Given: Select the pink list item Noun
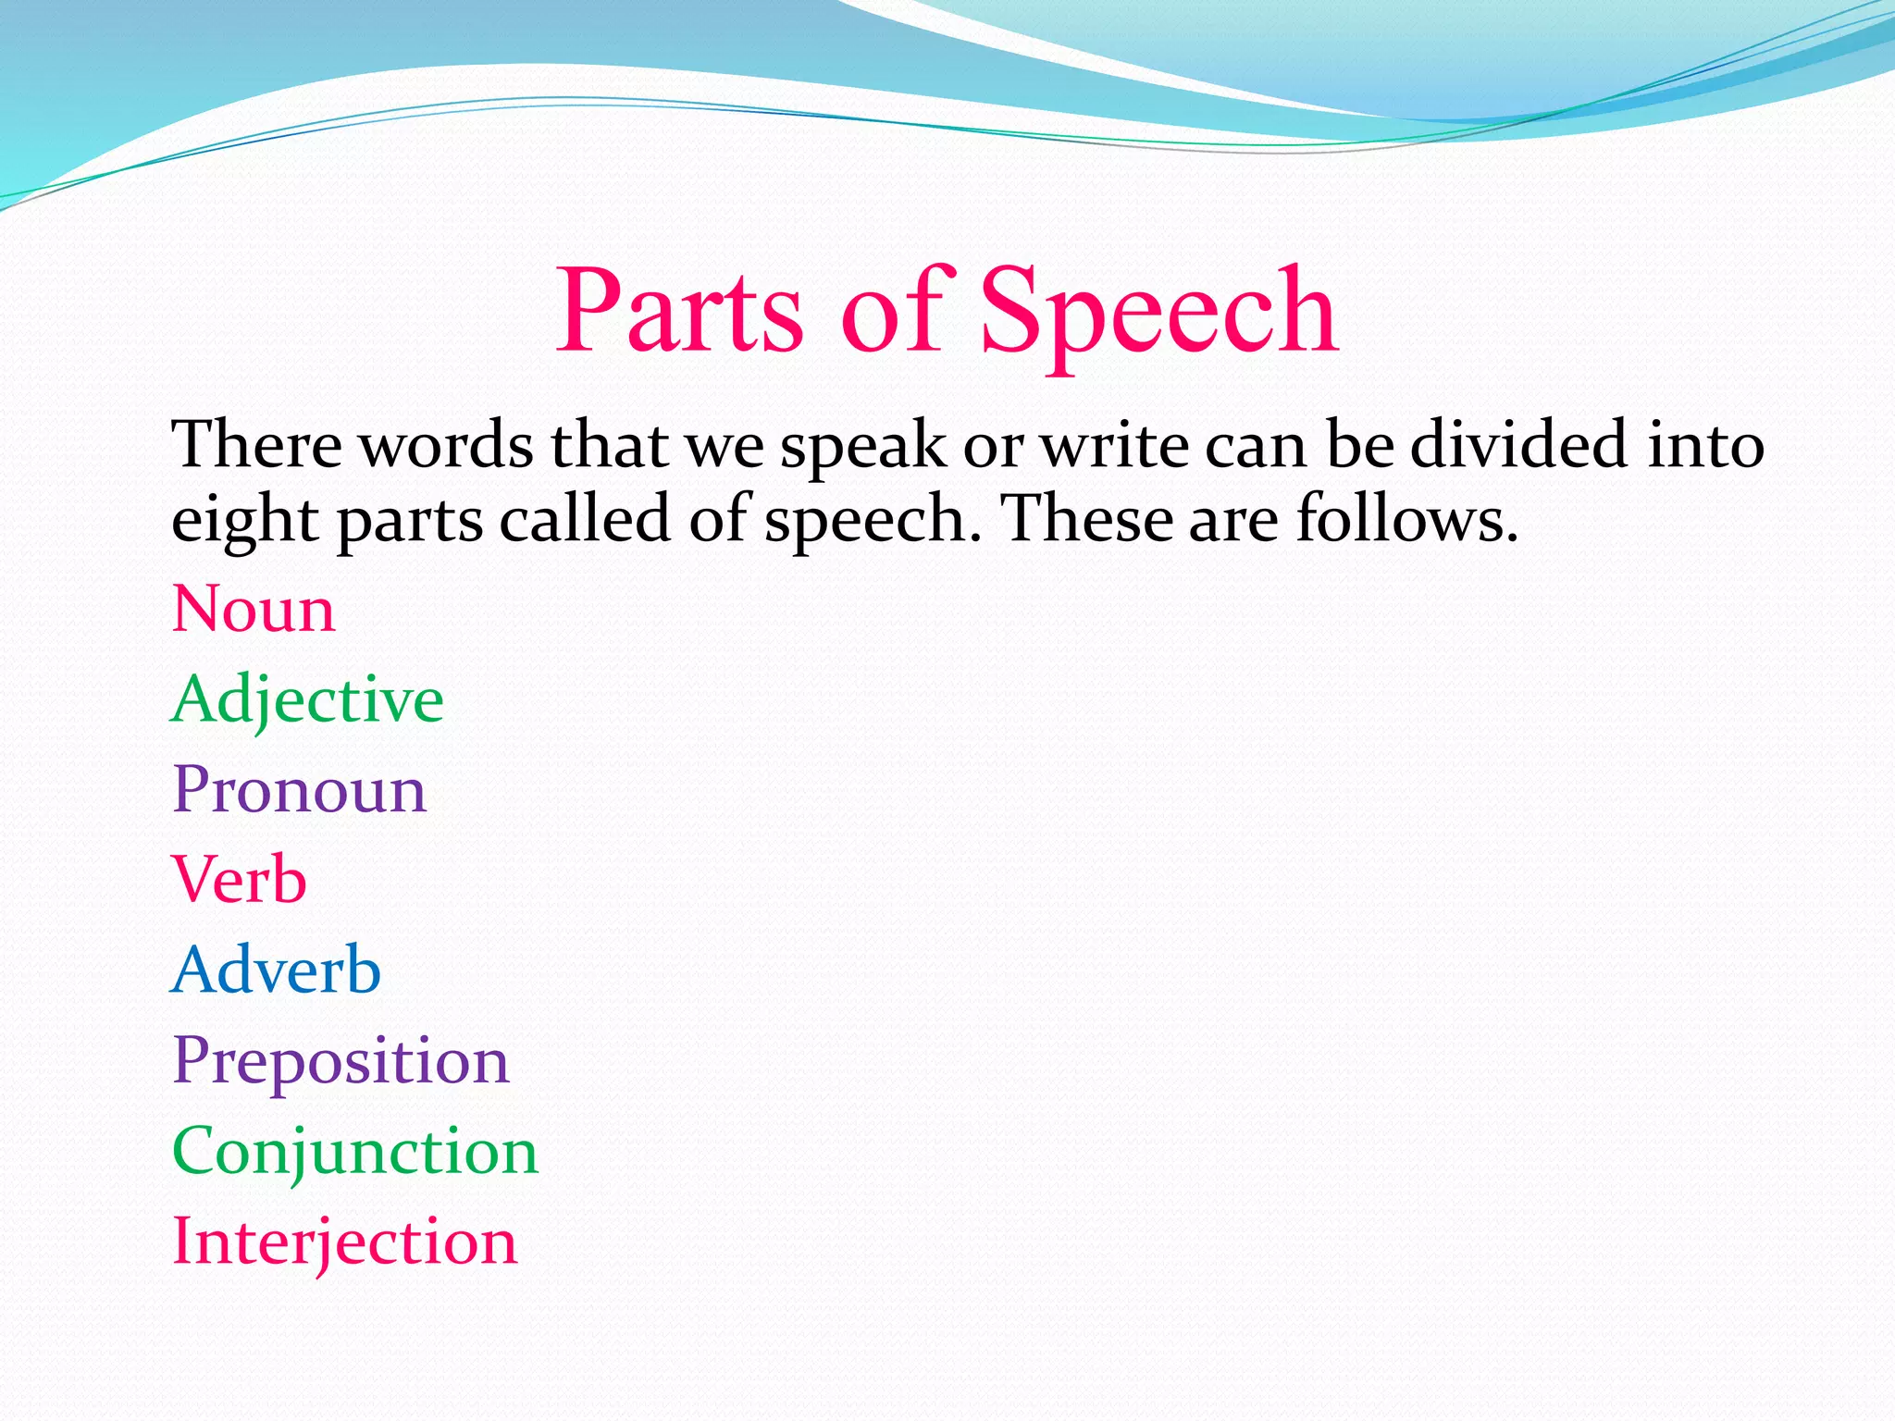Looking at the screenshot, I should [x=254, y=610].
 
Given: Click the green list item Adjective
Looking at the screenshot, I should [x=307, y=700].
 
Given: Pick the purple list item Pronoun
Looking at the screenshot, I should [x=299, y=790].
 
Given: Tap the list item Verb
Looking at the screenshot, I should [x=239, y=880].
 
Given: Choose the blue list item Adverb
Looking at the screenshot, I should [x=276, y=970].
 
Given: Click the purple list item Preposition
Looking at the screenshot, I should [x=341, y=1060].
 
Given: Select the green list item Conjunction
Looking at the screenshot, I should [x=354, y=1151].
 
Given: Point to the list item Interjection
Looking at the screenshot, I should [x=344, y=1241].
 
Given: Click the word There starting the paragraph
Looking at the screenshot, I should [x=256, y=445].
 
